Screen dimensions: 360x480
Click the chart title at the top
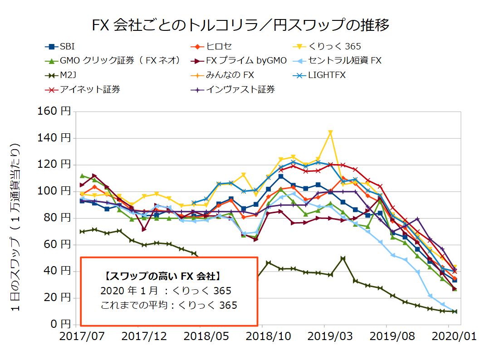click(x=240, y=25)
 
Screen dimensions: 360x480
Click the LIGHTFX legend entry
click(x=326, y=75)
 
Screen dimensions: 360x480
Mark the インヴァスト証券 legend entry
click(x=240, y=89)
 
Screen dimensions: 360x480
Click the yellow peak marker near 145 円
click(x=330, y=132)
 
